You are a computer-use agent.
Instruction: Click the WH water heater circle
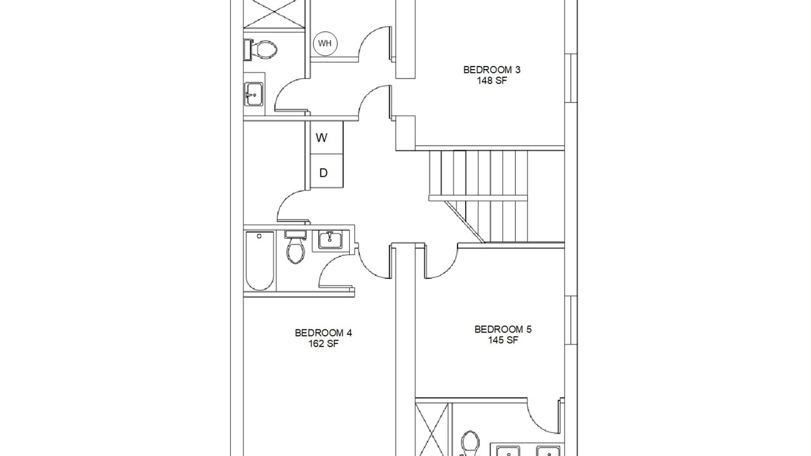click(325, 44)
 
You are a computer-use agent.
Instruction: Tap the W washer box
click(326, 137)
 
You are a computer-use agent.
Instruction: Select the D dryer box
click(326, 171)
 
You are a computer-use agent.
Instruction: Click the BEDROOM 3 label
click(492, 70)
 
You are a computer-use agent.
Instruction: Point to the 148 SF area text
click(492, 80)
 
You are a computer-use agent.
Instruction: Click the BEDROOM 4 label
click(323, 332)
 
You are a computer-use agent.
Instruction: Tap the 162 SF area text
click(323, 343)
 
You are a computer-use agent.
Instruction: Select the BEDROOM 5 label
click(503, 329)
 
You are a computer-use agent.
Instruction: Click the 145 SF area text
click(503, 340)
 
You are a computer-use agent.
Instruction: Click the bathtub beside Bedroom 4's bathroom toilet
click(260, 261)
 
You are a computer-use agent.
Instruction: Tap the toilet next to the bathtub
click(295, 247)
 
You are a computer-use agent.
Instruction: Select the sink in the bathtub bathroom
click(330, 240)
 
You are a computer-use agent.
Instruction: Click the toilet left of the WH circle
click(260, 49)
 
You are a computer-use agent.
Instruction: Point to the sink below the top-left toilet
click(254, 94)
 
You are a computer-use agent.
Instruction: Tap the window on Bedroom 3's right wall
click(571, 78)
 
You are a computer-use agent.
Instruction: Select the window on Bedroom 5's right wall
click(571, 320)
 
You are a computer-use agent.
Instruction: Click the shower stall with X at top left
click(274, 13)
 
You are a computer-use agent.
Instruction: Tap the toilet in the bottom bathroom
click(470, 443)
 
